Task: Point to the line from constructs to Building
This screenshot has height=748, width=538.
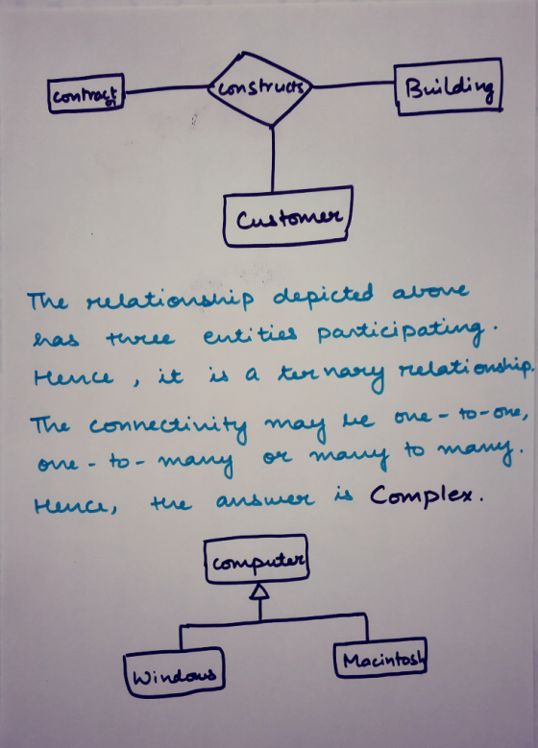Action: pyautogui.click(x=354, y=84)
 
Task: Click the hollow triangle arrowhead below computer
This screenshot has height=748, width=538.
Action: pyautogui.click(x=259, y=591)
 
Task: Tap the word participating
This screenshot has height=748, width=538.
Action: pyautogui.click(x=402, y=333)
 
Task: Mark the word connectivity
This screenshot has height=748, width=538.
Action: pyautogui.click(x=168, y=425)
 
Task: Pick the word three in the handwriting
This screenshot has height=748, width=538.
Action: pyautogui.click(x=139, y=337)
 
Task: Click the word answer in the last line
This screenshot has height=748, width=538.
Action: pyautogui.click(x=265, y=499)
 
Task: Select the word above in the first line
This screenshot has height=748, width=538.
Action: pyautogui.click(x=430, y=291)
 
